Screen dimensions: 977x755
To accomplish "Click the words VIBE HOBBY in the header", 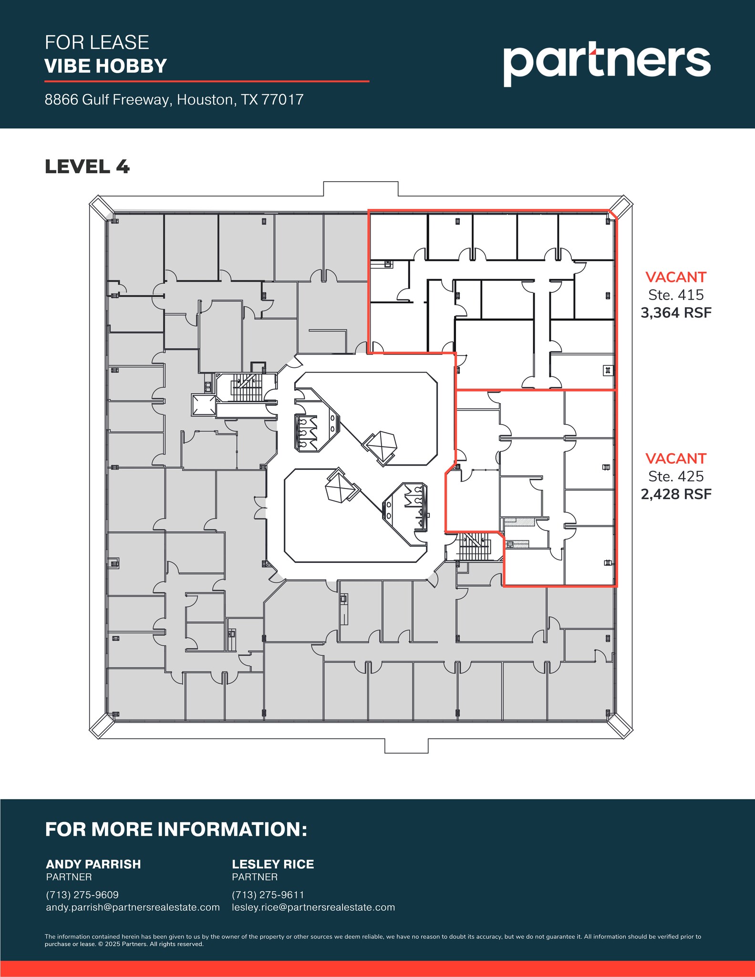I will point(105,66).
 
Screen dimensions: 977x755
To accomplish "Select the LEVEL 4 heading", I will point(87,167).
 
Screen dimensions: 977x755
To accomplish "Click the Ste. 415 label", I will point(676,295).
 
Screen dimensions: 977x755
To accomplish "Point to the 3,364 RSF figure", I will point(676,313).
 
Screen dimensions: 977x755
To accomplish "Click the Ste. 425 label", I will point(676,476).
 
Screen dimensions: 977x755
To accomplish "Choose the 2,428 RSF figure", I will point(676,494).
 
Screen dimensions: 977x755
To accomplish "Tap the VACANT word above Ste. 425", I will point(676,458).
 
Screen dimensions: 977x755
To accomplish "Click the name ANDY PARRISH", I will point(93,864).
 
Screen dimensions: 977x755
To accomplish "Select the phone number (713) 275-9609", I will point(82,895).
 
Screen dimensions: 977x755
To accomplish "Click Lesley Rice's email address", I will point(313,907).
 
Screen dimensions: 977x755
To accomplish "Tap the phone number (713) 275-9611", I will point(268,895).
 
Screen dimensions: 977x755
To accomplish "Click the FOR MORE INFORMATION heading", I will point(176,829).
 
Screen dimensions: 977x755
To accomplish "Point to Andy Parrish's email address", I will point(133,907).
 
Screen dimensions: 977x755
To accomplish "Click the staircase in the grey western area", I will point(247,388).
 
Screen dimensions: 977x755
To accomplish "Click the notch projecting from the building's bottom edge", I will point(406,745).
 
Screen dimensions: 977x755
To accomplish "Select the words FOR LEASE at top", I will point(97,42).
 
